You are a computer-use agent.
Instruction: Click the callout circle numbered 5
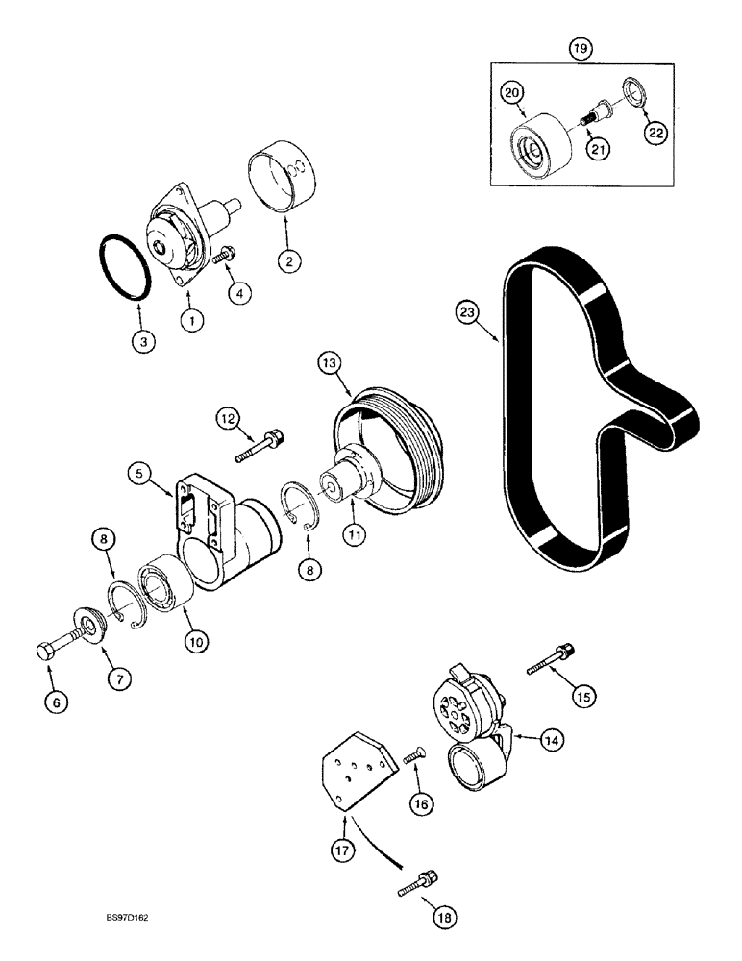(141, 473)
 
